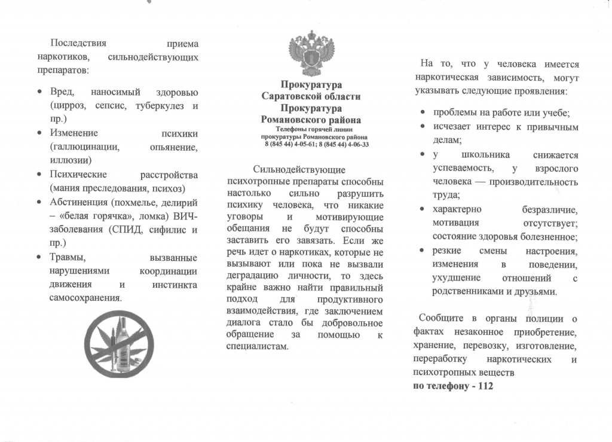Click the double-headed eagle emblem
pyautogui.click(x=311, y=54)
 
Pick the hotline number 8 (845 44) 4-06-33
pyautogui.click(x=343, y=144)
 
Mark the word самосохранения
pyautogui.click(x=85, y=298)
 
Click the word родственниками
pyautogui.click(x=469, y=292)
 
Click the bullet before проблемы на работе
pyautogui.click(x=422, y=113)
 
